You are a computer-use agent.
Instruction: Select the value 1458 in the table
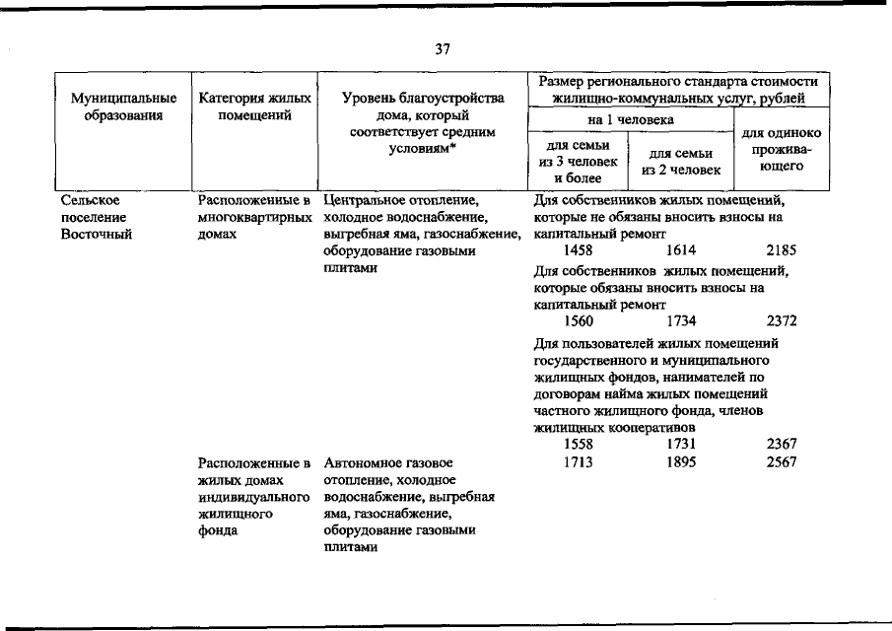tap(578, 251)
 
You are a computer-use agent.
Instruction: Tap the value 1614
tap(681, 251)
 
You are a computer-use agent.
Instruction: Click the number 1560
tap(578, 321)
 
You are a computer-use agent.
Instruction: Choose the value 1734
tap(681, 321)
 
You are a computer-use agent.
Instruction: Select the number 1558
tap(578, 444)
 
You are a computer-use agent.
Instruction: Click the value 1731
tap(681, 444)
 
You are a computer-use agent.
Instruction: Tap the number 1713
tap(578, 461)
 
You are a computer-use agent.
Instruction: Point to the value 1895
tap(681, 461)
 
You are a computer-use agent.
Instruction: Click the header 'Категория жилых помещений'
tap(255, 106)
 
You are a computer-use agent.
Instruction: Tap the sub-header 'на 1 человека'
tap(631, 120)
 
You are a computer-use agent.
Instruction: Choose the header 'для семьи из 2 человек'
tap(681, 161)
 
